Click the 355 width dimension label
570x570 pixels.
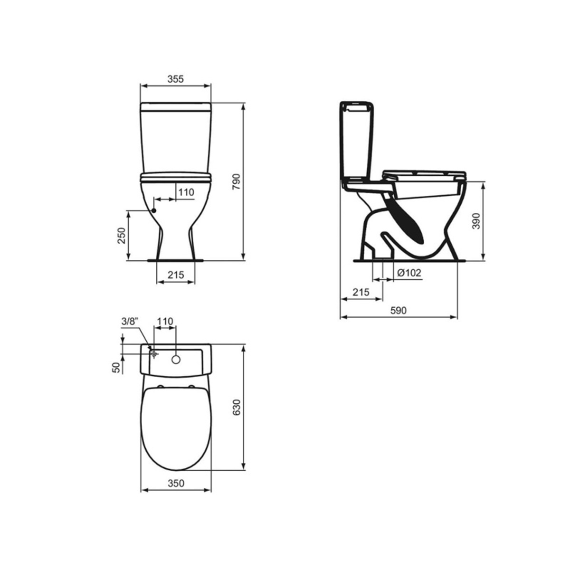coord(176,79)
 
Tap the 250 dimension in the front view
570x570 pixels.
coord(122,235)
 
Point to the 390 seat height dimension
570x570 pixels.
coord(476,221)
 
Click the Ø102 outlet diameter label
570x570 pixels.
coord(409,273)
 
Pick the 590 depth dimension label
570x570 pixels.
coord(399,310)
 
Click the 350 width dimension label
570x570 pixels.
coord(176,483)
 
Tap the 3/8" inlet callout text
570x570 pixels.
coord(130,321)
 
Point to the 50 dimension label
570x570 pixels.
coord(116,367)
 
